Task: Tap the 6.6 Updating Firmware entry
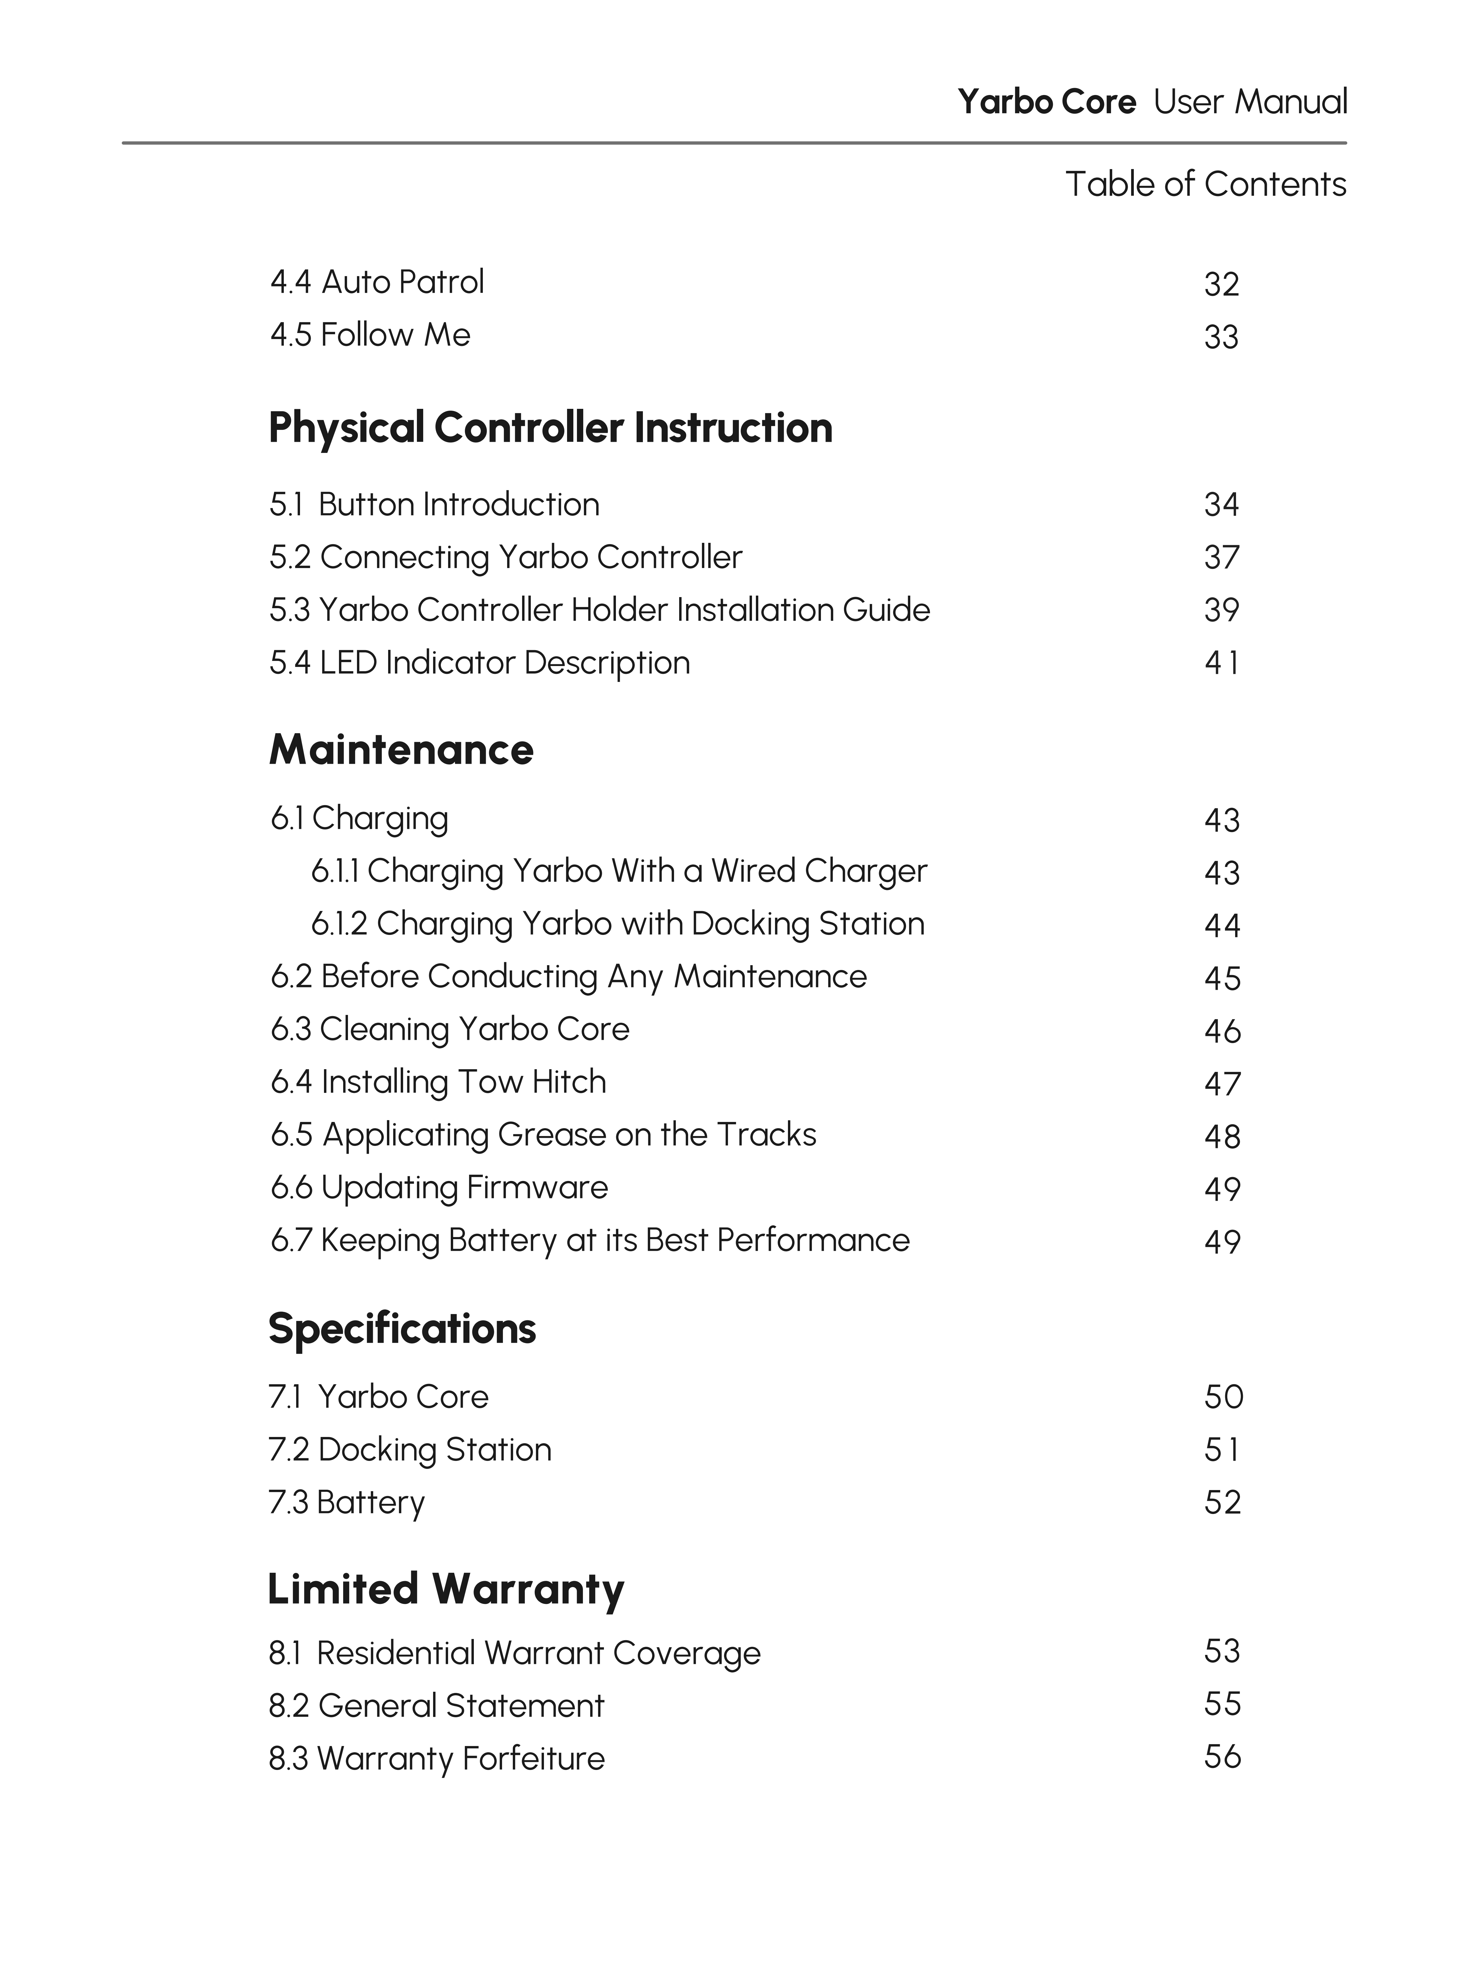(439, 1188)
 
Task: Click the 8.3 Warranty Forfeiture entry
(436, 1759)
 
